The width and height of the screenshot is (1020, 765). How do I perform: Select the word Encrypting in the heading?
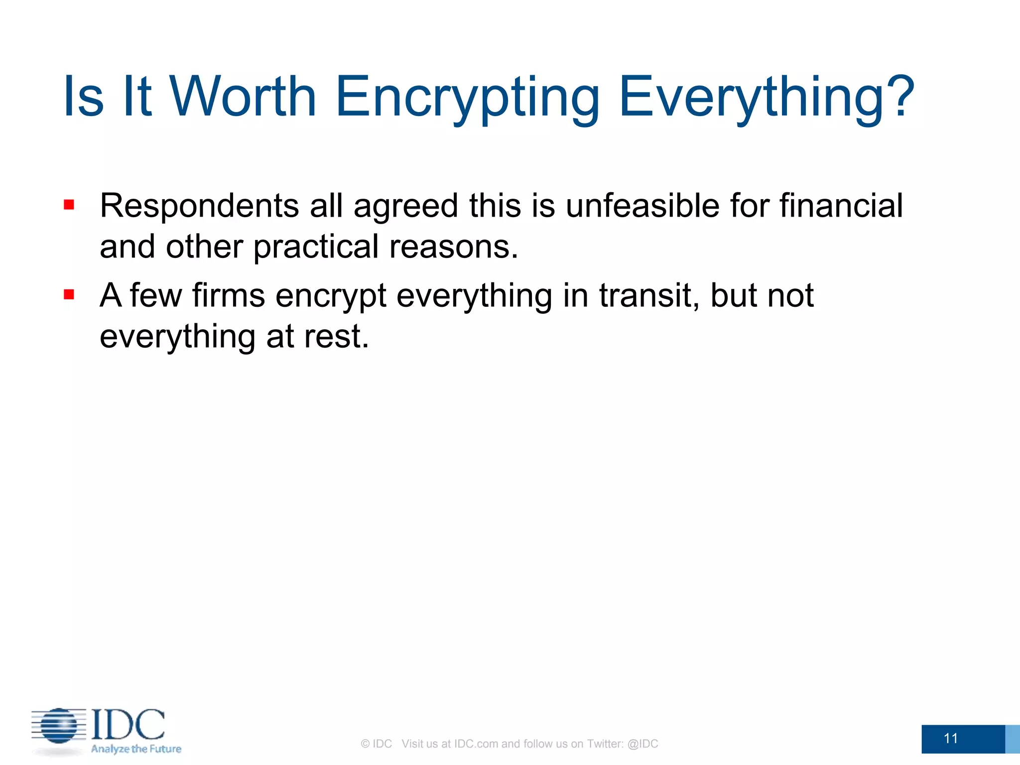(467, 98)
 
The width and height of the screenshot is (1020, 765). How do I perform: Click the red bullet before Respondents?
(69, 205)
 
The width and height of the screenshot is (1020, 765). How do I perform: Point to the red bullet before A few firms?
(69, 294)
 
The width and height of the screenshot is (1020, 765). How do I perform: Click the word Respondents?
(199, 206)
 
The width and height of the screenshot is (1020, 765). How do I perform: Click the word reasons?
(453, 248)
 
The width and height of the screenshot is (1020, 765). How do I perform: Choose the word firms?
(228, 295)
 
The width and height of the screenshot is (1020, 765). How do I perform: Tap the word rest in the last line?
(336, 337)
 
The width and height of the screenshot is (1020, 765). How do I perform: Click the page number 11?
(950, 738)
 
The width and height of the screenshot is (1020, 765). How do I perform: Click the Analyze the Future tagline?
(136, 749)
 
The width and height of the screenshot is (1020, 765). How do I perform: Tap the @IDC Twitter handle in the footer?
(642, 744)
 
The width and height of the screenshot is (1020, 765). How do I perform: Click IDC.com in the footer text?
(476, 744)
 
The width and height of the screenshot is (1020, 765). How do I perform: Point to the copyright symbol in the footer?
(365, 744)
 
